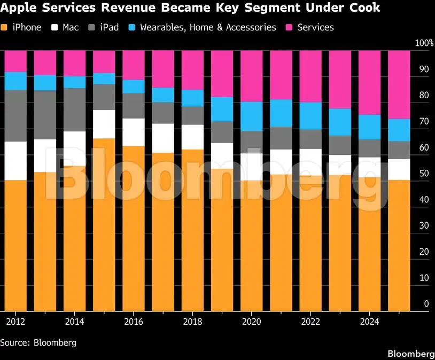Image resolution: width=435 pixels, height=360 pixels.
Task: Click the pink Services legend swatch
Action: [x=289, y=27]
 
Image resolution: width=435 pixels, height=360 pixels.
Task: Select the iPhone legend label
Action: [x=27, y=27]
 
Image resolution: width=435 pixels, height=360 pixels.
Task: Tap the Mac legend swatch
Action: [x=55, y=27]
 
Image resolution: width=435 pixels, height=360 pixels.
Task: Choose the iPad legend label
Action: [x=110, y=27]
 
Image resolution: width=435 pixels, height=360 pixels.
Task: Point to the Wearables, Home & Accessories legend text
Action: [x=208, y=27]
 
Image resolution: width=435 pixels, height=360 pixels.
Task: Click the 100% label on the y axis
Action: [x=424, y=43]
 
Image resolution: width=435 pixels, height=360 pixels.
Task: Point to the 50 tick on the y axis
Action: [x=424, y=174]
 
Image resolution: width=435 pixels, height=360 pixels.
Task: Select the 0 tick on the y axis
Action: [x=426, y=304]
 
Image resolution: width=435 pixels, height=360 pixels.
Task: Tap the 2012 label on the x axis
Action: [x=15, y=322]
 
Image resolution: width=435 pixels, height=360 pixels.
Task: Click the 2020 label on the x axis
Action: [x=251, y=322]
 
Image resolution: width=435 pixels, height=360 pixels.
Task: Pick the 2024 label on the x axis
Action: [x=369, y=322]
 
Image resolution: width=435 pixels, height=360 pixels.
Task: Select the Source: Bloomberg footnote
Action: [x=38, y=342]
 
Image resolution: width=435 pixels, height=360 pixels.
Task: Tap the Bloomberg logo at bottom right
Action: [x=411, y=354]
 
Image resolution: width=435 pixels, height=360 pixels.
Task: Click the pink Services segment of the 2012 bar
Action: [x=15, y=61]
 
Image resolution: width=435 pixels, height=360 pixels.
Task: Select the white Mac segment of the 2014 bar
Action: [x=75, y=148]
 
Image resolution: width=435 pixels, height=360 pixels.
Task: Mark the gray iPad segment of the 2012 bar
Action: [x=15, y=116]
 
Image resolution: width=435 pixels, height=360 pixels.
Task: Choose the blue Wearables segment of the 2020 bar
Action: [x=251, y=116]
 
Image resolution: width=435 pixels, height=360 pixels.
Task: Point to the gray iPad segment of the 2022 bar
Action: [x=310, y=139]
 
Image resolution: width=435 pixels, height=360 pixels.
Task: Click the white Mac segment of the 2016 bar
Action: [x=134, y=132]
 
